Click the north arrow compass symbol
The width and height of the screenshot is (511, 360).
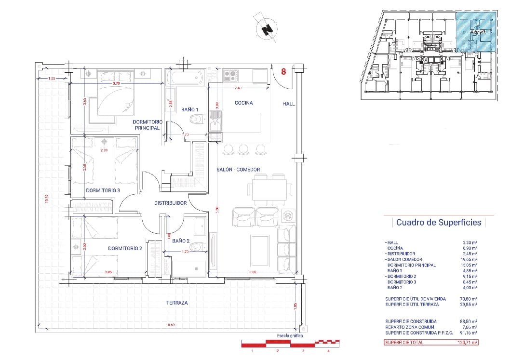pyautogui.click(x=265, y=28)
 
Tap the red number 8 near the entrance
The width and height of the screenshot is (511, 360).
pyautogui.click(x=283, y=72)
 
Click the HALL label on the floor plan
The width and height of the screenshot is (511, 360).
pyautogui.click(x=289, y=104)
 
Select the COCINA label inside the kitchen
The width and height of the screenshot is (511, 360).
pyautogui.click(x=244, y=103)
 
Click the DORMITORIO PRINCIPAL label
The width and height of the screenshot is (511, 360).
pyautogui.click(x=148, y=125)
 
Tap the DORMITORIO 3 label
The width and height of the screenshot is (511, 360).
pyautogui.click(x=103, y=191)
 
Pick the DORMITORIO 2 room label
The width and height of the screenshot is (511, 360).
pyautogui.click(x=125, y=249)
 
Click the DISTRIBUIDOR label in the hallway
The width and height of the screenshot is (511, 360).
pyautogui.click(x=170, y=203)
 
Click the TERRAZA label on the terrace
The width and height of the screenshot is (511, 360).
pyautogui.click(x=175, y=303)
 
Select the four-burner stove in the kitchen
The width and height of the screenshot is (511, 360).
pyautogui.click(x=230, y=76)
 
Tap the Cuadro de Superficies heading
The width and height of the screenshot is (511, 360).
pyautogui.click(x=438, y=222)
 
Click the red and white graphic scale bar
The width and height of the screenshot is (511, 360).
pyautogui.click(x=290, y=343)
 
